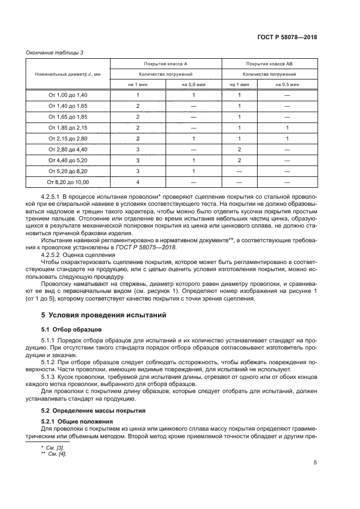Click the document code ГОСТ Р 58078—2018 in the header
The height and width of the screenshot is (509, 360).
(287, 38)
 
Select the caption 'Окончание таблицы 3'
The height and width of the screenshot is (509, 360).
(54, 52)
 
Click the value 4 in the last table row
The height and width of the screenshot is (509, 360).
(138, 182)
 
